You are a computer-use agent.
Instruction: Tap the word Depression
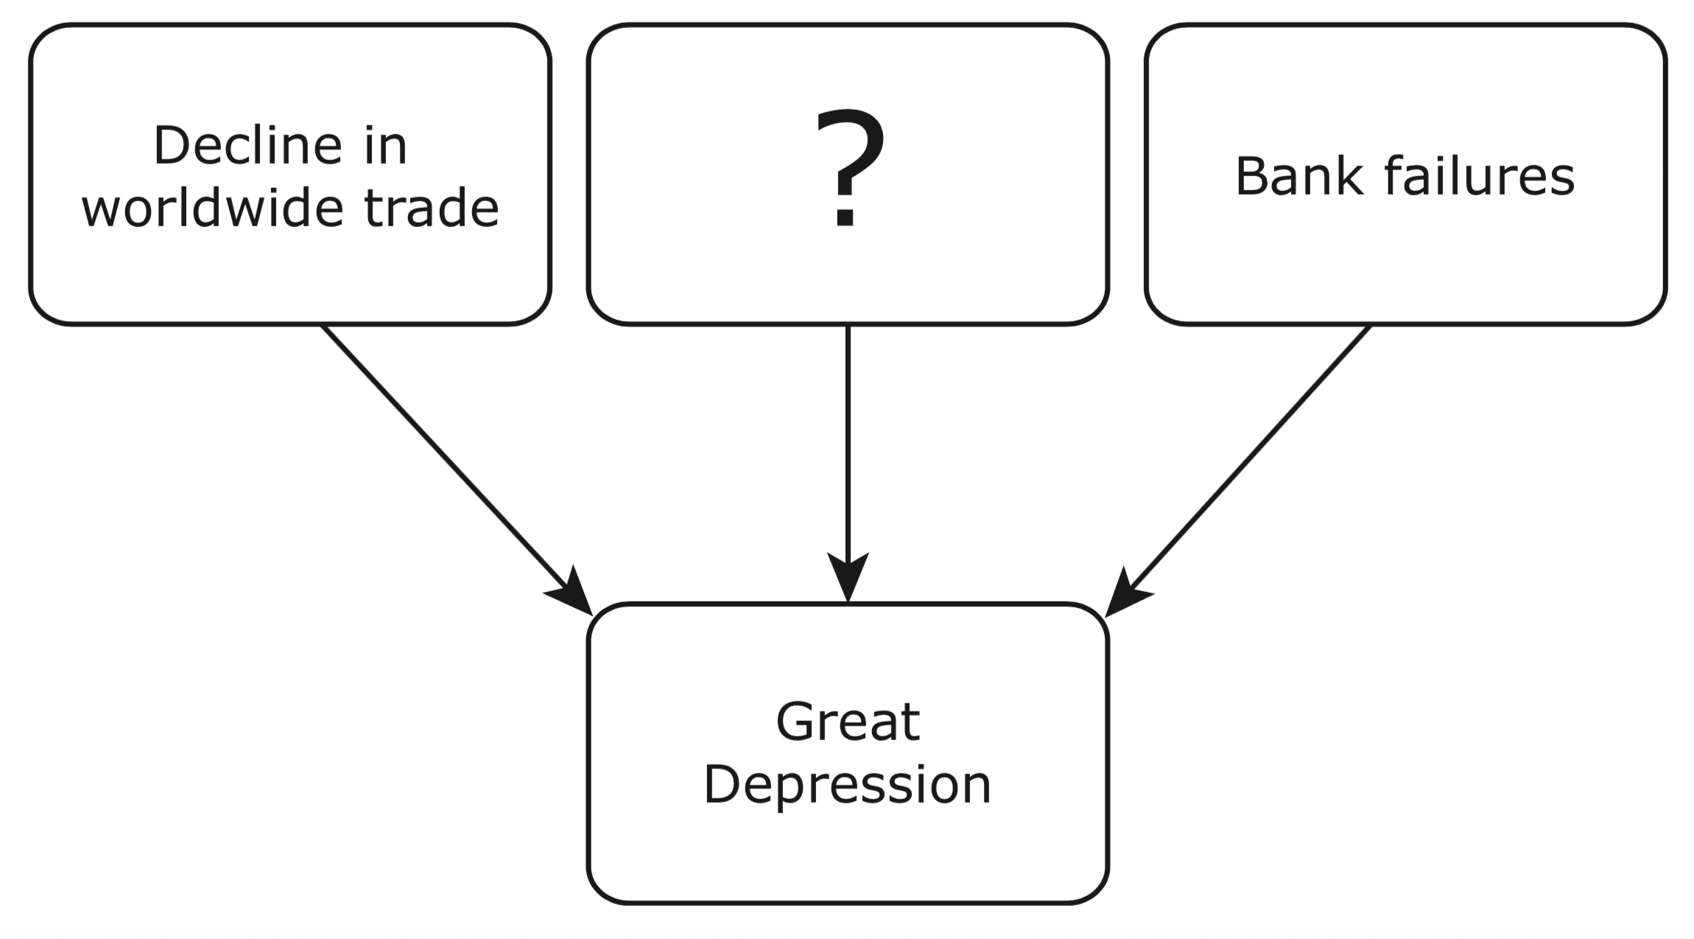(848, 785)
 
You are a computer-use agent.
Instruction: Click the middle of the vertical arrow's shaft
(848, 442)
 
